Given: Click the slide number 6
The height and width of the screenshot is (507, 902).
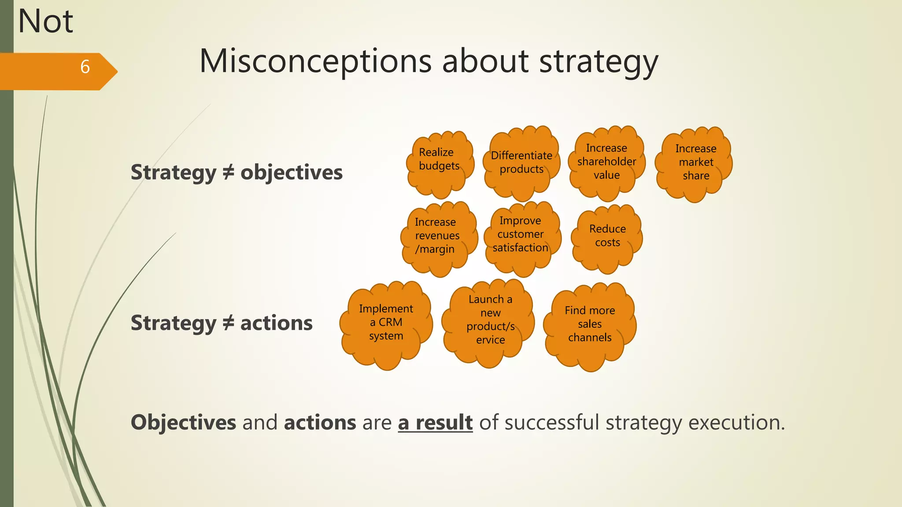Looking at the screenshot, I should (85, 67).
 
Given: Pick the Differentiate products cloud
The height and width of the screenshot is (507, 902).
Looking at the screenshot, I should (521, 163).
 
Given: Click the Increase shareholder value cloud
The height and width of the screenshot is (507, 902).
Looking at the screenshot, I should (606, 162).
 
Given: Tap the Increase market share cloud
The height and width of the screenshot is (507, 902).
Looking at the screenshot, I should (695, 162).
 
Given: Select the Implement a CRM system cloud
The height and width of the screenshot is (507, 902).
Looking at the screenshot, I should (386, 323).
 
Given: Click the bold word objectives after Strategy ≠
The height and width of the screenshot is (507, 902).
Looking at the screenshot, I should (291, 173).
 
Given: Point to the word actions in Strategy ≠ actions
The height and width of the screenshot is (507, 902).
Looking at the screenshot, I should (276, 323).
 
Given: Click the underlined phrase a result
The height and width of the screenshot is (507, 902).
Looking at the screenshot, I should (435, 422).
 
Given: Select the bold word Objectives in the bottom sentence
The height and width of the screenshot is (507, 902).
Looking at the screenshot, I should (184, 422).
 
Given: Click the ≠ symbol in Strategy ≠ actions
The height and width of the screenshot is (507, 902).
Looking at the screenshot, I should (228, 323).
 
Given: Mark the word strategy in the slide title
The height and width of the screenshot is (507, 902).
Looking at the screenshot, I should (599, 61).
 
